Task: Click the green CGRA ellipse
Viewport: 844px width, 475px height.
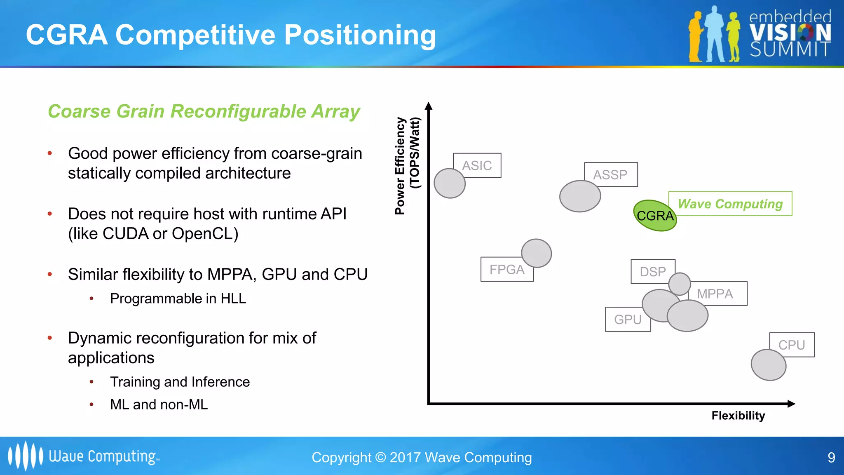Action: tap(654, 215)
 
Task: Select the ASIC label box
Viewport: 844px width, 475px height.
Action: tap(477, 165)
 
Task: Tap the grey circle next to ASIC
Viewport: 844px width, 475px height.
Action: tap(450, 183)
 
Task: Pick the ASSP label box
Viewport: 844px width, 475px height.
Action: tap(611, 174)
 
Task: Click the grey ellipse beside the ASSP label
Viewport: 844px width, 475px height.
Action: tap(580, 196)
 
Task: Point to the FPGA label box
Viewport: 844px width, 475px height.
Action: tap(507, 270)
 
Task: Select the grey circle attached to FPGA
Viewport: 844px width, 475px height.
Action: tap(536, 253)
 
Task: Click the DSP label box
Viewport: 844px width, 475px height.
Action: tap(653, 271)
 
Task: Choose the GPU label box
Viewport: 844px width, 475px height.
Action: tap(628, 320)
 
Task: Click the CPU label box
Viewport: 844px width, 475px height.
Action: tap(792, 345)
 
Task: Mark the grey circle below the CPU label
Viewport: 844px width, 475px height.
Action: tap(769, 365)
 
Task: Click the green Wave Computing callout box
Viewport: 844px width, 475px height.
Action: tap(730, 204)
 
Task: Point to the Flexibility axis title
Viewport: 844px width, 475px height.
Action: tap(738, 416)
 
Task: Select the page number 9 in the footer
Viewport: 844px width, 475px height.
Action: tap(831, 457)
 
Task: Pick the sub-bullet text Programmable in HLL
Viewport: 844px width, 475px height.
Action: tap(178, 299)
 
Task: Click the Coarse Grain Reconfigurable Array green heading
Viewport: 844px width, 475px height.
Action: tap(204, 111)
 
